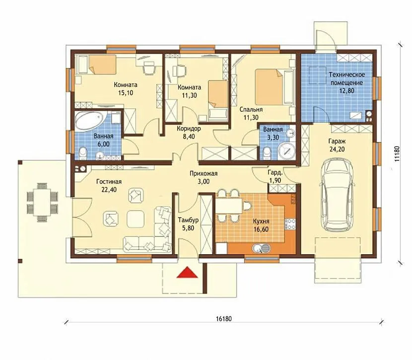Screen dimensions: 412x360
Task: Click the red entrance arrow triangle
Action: click(187, 273)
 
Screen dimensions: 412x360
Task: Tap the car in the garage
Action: click(338, 195)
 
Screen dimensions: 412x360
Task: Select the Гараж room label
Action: click(337, 142)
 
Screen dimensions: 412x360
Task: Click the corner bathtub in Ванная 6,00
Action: click(90, 121)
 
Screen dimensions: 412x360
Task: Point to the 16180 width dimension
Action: click(224, 319)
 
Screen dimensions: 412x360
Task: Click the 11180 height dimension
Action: click(398, 153)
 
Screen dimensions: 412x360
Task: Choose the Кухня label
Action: click(261, 221)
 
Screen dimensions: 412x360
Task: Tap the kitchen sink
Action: click(262, 248)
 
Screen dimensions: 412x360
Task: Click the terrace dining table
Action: click(42, 202)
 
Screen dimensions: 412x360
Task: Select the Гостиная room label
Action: click(109, 182)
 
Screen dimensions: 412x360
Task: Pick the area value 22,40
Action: click(109, 190)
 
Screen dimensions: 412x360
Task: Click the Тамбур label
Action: click(188, 220)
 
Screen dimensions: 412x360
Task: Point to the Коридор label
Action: click(189, 129)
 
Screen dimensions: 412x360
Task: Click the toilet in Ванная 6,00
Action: click(83, 153)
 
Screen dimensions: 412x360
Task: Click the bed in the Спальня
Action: click(275, 87)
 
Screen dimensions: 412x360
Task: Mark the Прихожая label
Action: click(204, 173)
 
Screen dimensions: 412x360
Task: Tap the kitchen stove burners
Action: click(290, 224)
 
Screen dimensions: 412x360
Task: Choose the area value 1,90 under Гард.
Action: click(275, 181)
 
